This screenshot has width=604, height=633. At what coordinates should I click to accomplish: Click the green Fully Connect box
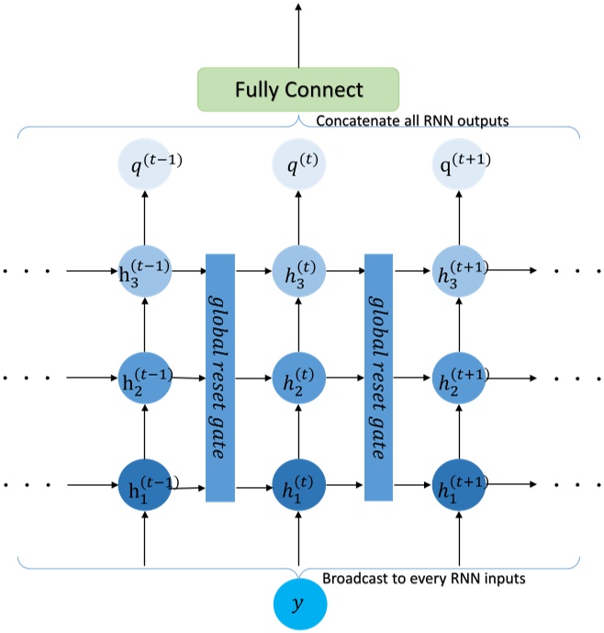click(298, 90)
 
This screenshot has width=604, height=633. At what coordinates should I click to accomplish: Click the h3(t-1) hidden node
click(144, 271)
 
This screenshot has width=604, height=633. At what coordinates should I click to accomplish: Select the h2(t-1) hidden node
click(144, 377)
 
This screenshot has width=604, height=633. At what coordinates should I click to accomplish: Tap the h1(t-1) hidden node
click(144, 483)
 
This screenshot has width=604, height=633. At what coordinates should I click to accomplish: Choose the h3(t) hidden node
click(299, 271)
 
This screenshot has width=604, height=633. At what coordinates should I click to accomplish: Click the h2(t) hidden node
click(299, 377)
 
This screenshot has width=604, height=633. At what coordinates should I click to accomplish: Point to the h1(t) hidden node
click(299, 483)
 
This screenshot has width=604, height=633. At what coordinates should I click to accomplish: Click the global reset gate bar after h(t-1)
click(220, 377)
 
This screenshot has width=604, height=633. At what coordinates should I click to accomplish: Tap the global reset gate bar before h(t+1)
click(379, 377)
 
